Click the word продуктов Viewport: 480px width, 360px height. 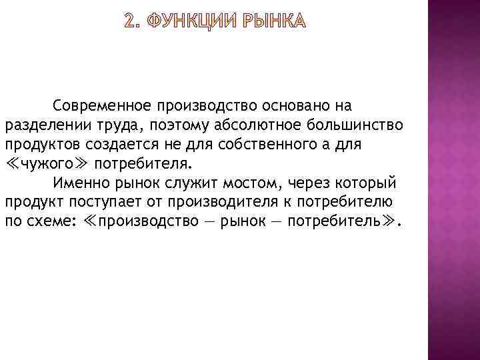(x=37, y=145)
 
